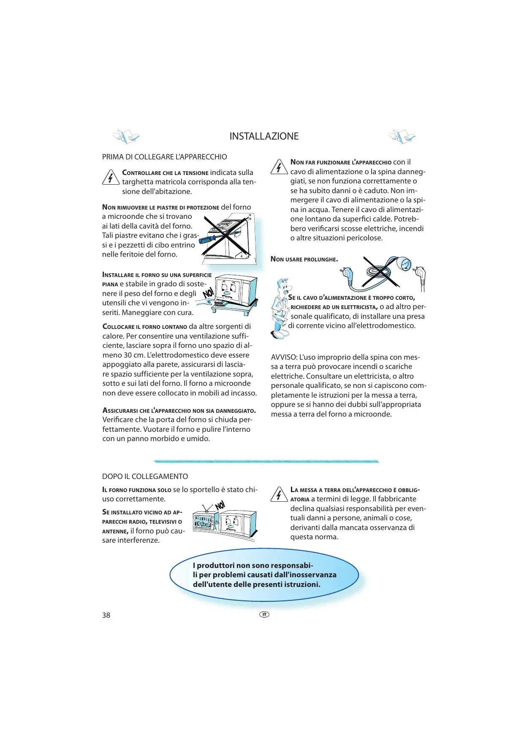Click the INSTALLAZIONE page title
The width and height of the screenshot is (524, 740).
tap(264, 136)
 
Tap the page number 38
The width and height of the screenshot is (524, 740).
tap(106, 615)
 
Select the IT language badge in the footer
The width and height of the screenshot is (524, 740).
tap(264, 614)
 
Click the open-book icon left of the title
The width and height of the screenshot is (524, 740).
tap(126, 137)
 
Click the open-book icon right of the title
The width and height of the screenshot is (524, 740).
tap(402, 137)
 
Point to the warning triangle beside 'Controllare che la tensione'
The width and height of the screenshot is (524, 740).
tap(110, 178)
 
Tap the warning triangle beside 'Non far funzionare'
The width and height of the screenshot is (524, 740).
tap(279, 167)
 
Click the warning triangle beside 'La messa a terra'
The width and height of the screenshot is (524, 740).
tap(279, 494)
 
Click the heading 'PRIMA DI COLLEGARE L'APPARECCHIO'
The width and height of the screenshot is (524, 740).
tap(164, 157)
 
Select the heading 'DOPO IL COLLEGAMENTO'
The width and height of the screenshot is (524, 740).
tap(145, 476)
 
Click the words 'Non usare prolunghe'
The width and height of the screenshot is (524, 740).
tap(304, 259)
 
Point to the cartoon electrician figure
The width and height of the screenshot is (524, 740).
tap(280, 308)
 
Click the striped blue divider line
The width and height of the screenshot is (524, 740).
tap(266, 462)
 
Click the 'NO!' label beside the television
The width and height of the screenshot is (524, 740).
tap(220, 505)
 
